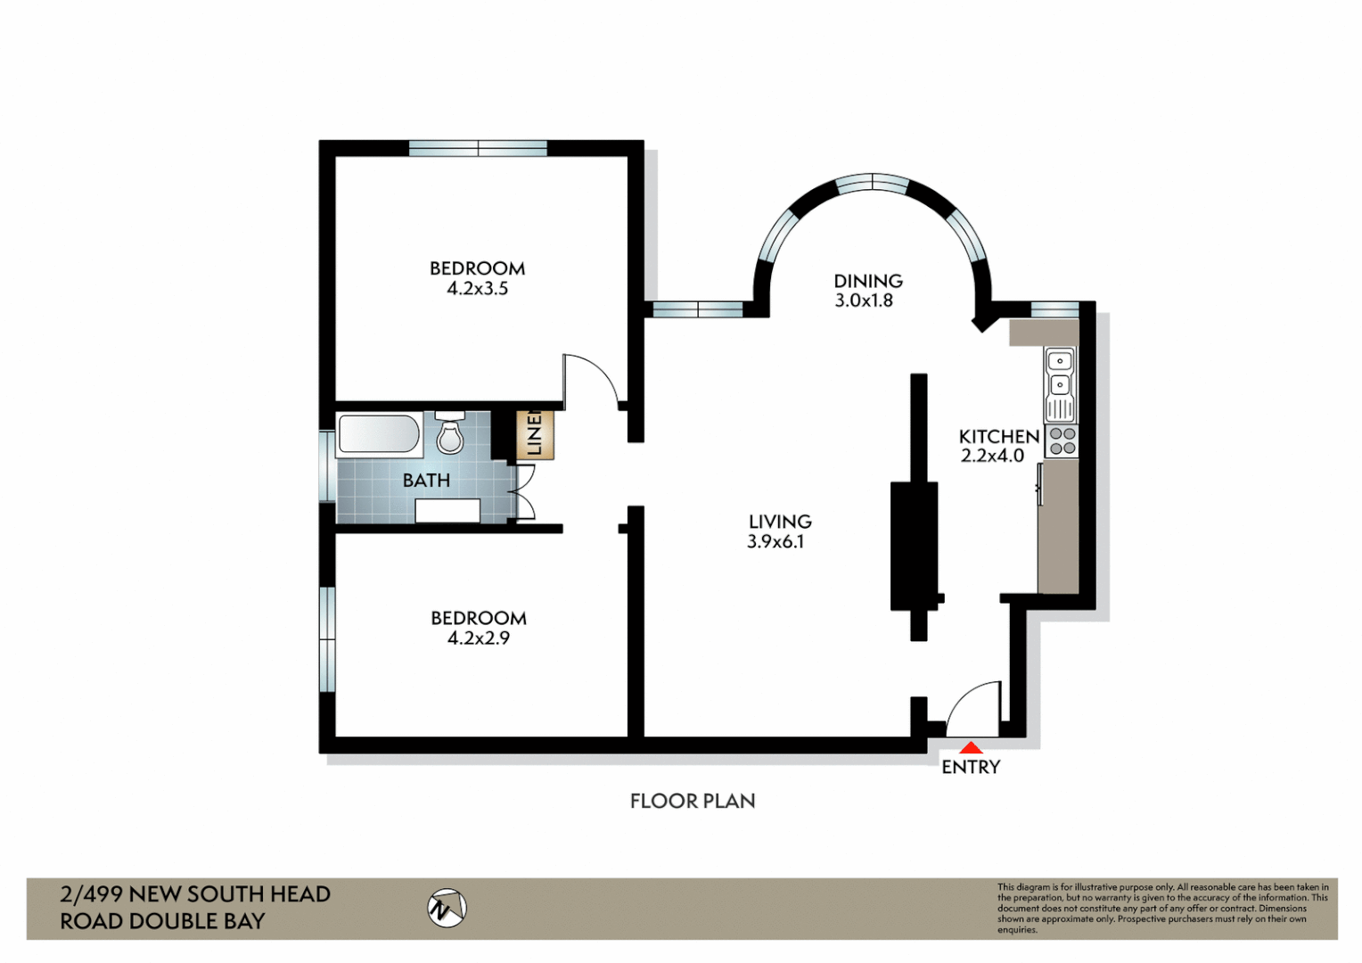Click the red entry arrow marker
(971, 747)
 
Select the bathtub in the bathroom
(380, 434)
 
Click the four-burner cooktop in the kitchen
(1061, 441)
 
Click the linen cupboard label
(535, 434)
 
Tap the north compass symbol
(447, 909)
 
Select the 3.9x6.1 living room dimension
(775, 541)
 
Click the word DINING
(868, 281)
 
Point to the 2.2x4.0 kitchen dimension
(992, 456)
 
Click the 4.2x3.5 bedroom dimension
(477, 288)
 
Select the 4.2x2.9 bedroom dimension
(479, 638)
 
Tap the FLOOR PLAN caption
(693, 802)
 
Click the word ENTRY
(971, 767)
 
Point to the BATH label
(426, 481)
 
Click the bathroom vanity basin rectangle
(448, 510)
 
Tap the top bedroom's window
(478, 148)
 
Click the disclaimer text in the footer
(1162, 909)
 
